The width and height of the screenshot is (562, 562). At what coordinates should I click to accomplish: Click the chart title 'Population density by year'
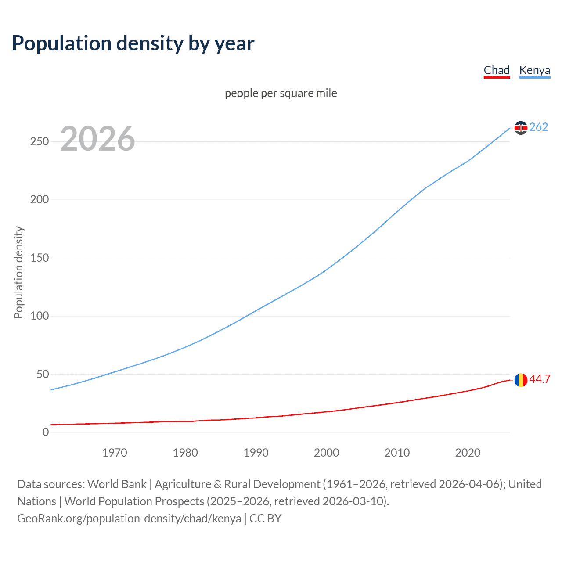(133, 43)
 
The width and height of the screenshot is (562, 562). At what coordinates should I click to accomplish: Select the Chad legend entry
(497, 70)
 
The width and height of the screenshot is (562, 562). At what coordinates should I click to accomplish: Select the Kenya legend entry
(534, 70)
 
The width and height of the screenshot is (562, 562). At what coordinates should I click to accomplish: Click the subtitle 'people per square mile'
(281, 94)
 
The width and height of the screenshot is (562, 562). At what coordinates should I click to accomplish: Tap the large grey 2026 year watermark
(97, 139)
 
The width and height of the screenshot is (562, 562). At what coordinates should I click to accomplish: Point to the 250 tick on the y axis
(40, 141)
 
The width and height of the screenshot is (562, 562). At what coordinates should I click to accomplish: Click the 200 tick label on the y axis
(40, 200)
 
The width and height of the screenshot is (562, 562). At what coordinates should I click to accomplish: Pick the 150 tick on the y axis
(40, 258)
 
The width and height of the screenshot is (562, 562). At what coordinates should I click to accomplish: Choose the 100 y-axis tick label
(40, 316)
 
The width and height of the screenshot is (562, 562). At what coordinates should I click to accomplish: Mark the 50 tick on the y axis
(43, 374)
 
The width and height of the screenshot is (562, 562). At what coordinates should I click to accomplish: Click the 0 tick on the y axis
(46, 432)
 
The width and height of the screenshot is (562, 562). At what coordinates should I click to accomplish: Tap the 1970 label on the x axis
(115, 453)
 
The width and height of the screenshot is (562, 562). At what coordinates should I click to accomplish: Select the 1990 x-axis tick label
(256, 453)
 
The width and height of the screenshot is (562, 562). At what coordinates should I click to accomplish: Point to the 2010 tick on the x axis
(397, 453)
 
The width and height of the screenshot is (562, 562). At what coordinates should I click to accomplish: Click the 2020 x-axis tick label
(468, 453)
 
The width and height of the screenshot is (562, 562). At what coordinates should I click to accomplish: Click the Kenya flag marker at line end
(521, 128)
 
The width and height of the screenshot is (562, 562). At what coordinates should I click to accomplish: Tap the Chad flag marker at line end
(521, 380)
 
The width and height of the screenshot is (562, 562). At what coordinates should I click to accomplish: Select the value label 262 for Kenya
(539, 127)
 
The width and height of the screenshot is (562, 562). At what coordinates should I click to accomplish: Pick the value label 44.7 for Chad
(540, 379)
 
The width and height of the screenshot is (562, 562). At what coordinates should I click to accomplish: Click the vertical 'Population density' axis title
(18, 272)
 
